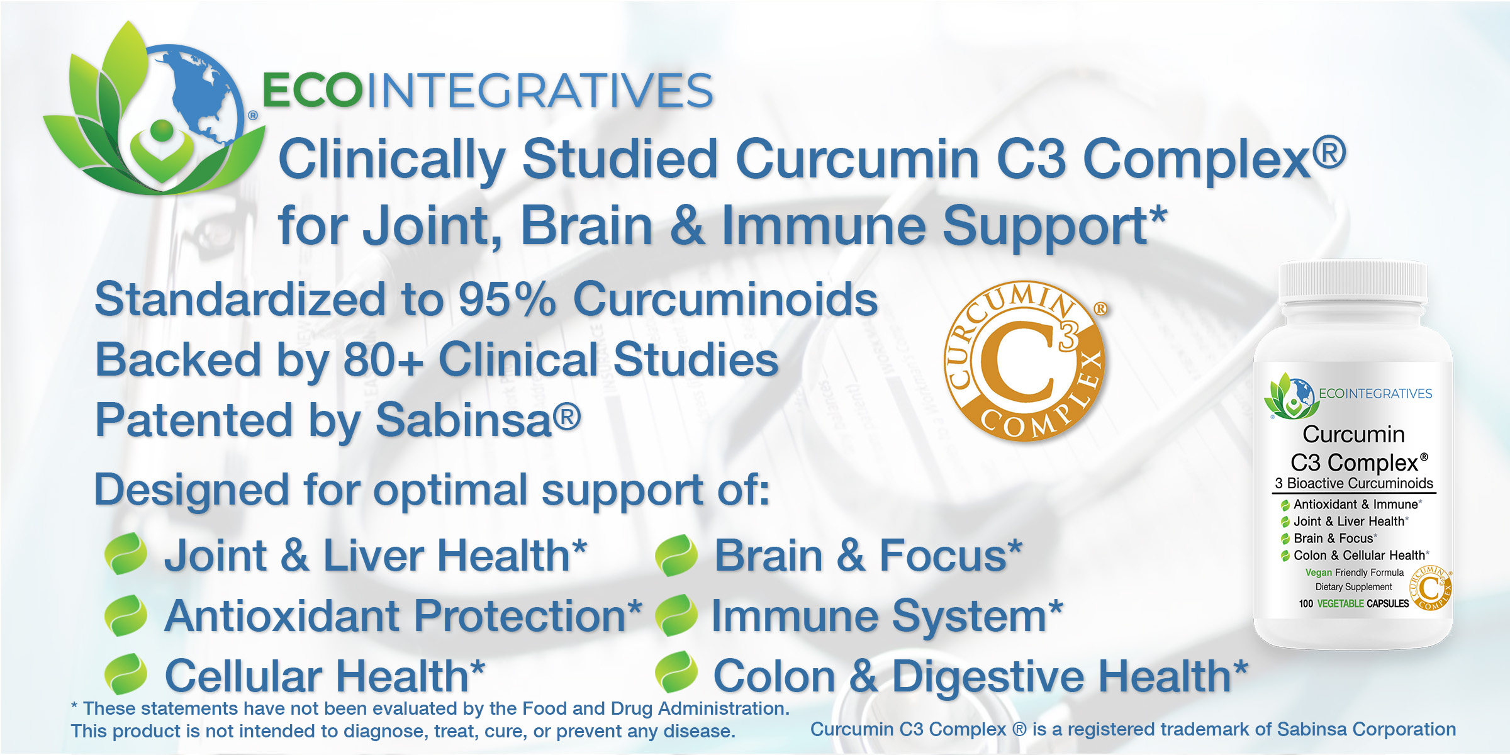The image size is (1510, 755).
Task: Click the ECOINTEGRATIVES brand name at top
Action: [x=488, y=90]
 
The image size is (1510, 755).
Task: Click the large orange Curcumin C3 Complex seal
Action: [x=1026, y=361]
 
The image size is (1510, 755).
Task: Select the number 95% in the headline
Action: [x=507, y=299]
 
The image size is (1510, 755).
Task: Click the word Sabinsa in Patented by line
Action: [x=464, y=420]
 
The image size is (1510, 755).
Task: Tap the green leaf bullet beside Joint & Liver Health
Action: [x=126, y=554]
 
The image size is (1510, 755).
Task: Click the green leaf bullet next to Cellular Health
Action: [x=126, y=674]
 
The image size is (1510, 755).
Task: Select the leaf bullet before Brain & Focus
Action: [x=676, y=555]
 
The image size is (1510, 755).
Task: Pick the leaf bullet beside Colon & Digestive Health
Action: [x=676, y=673]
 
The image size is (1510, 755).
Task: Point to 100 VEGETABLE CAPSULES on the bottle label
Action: [x=1354, y=603]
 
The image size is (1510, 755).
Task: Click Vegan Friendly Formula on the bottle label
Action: [x=1355, y=573]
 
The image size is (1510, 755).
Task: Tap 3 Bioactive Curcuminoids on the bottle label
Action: [x=1354, y=483]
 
